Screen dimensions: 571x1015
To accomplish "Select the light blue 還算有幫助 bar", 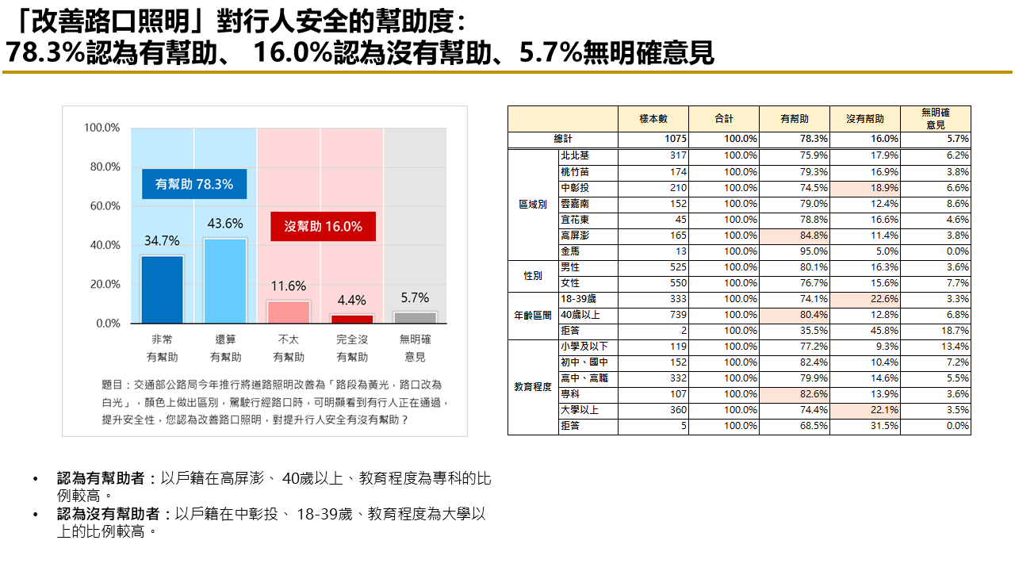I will (x=225, y=280).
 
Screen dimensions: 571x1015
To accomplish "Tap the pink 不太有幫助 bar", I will (x=289, y=312).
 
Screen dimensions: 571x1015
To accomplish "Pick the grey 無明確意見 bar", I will (x=415, y=317).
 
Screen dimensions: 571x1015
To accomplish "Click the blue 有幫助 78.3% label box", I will (x=194, y=184).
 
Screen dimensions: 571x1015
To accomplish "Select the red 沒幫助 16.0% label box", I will (x=323, y=227).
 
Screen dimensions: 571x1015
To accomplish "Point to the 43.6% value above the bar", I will (x=225, y=224).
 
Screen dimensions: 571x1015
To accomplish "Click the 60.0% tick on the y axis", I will (x=101, y=206).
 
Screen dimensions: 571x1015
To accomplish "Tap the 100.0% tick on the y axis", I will (x=101, y=128).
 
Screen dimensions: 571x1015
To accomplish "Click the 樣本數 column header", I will (x=653, y=119).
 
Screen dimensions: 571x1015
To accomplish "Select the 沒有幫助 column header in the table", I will (x=865, y=119).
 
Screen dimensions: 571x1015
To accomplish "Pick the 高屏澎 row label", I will (x=574, y=236).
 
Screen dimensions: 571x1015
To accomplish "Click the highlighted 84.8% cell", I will (x=794, y=236).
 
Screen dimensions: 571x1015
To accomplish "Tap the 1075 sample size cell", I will (x=653, y=139).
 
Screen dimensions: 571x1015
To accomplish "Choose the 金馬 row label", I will (x=570, y=251).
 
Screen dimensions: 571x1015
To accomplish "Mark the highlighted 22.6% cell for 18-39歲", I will (x=864, y=299).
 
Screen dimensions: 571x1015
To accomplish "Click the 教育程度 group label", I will (x=533, y=386).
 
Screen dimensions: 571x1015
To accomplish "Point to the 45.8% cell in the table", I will (x=864, y=331).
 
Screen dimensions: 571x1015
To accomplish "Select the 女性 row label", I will (x=570, y=283).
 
